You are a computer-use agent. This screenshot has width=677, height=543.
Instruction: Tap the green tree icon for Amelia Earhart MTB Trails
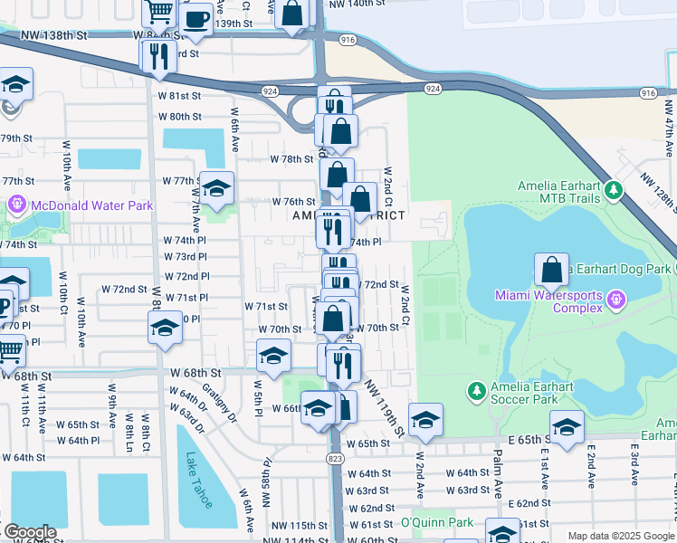(x=615, y=190)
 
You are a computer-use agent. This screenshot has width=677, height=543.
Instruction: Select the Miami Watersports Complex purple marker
(x=615, y=298)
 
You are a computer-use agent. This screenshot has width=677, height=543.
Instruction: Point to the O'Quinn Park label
(x=437, y=522)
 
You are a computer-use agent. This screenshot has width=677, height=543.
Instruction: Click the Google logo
(x=29, y=532)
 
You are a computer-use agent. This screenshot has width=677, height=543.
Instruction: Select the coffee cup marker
(x=195, y=19)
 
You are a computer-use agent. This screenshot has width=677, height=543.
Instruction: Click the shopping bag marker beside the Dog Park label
(x=551, y=270)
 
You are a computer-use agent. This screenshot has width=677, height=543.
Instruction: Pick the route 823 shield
(x=336, y=459)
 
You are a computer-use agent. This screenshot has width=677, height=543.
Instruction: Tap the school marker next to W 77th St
(x=216, y=189)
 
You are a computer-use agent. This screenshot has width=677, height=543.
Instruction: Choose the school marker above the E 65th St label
(x=567, y=428)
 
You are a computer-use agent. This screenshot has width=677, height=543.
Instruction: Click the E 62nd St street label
(x=529, y=503)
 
